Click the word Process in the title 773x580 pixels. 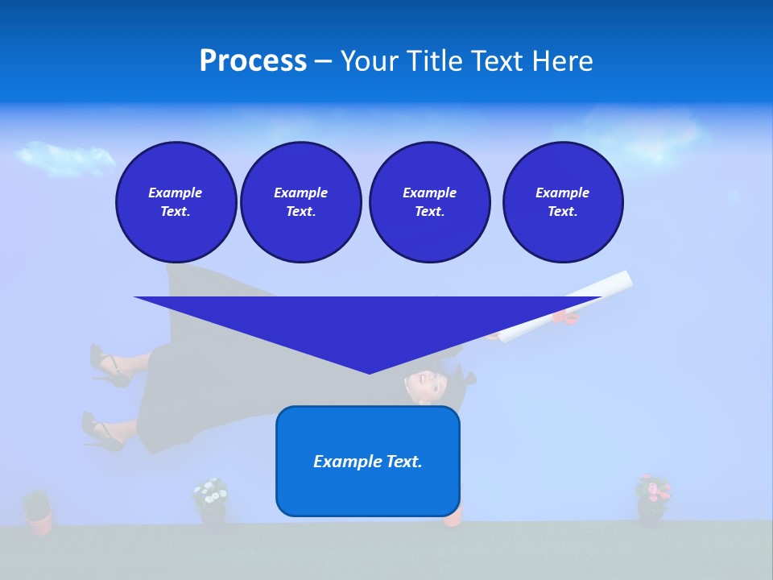pyautogui.click(x=253, y=61)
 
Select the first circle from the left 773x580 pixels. pyautogui.click(x=176, y=202)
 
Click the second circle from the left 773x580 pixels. pyautogui.click(x=300, y=202)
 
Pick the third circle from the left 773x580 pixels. pyautogui.click(x=429, y=202)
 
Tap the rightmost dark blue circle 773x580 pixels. pyautogui.click(x=562, y=202)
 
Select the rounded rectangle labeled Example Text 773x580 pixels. pyautogui.click(x=368, y=461)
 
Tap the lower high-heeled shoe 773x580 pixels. pyautogui.click(x=101, y=433)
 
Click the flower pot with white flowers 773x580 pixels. pyautogui.click(x=211, y=503)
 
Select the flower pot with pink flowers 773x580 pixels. pyautogui.click(x=652, y=499)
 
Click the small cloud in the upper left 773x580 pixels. pyautogui.click(x=64, y=157)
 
